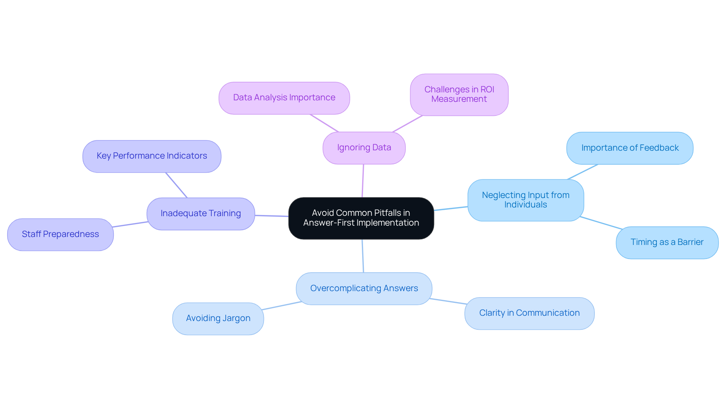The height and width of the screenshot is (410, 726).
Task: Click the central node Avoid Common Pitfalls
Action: coord(361,218)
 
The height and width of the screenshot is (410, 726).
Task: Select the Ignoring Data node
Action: coord(364,148)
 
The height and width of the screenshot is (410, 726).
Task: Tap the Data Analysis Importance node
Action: coord(284,98)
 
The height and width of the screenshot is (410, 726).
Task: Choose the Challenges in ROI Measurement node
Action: coord(459,94)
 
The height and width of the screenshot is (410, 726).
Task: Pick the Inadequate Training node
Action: coord(200,214)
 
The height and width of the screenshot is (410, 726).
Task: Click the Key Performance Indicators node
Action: coord(152,156)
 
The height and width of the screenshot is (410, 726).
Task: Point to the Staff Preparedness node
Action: coord(60,234)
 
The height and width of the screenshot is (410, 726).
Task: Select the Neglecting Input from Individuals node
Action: coord(525,200)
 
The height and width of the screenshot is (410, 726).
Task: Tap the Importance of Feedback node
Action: coord(630,148)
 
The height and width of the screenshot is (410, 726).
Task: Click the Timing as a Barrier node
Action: coord(667,242)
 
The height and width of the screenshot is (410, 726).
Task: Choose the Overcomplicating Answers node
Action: coord(364,288)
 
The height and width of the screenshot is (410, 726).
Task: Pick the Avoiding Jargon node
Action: coord(218,318)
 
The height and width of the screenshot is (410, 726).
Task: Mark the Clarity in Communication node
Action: coord(529,313)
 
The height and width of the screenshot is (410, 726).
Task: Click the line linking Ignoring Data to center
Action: coord(363,181)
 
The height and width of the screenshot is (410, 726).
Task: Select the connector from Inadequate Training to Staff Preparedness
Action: coord(130,224)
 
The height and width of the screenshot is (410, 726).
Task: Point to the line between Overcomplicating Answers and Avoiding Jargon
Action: coord(281,306)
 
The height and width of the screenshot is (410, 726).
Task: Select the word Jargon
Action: coord(236,318)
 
